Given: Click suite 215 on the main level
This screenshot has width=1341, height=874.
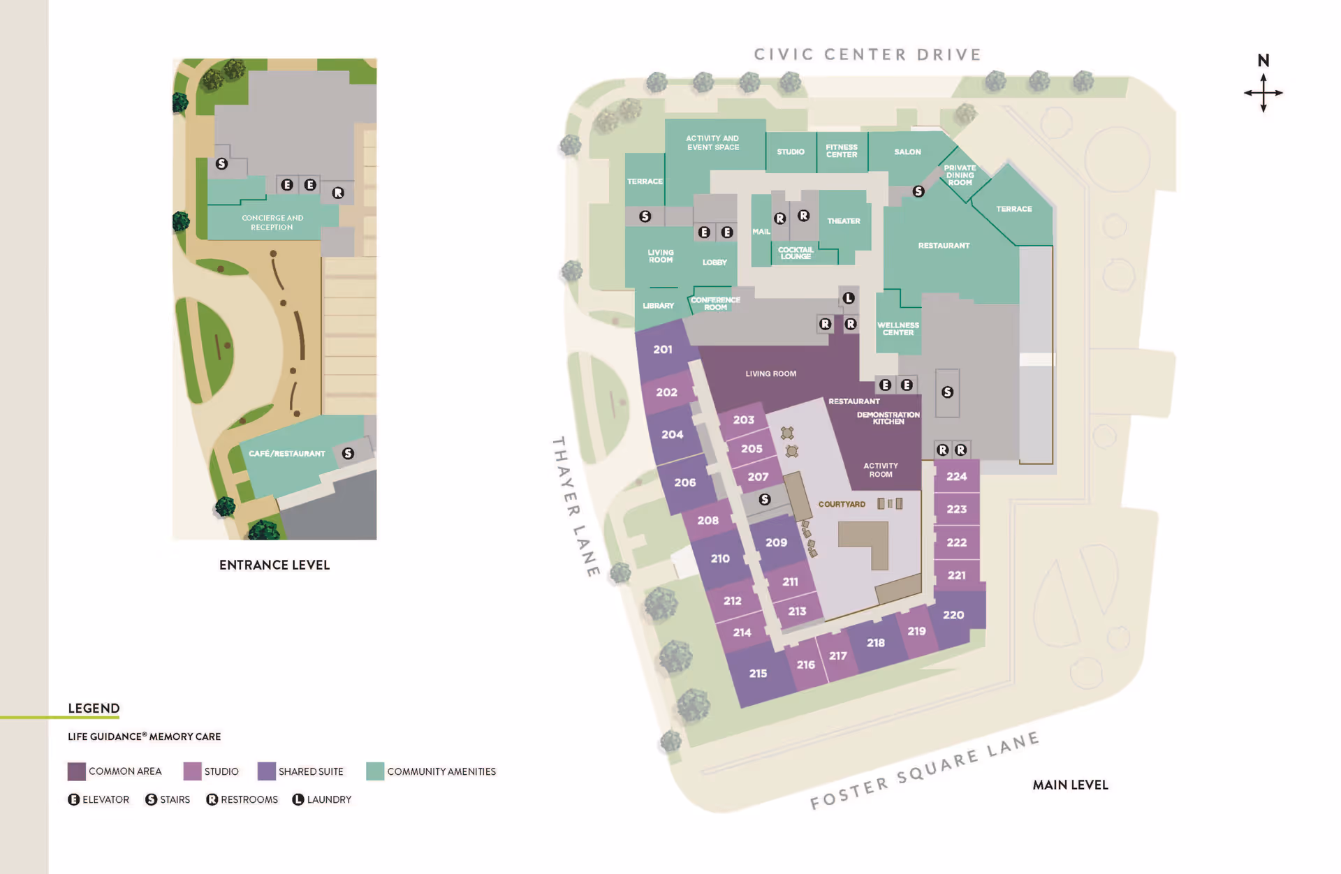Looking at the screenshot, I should click(758, 673).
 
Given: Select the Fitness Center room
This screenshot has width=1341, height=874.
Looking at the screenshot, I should click(842, 151).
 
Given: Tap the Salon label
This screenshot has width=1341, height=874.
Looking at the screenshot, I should click(907, 151).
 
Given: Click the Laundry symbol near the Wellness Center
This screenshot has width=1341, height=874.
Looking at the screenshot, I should click(849, 298).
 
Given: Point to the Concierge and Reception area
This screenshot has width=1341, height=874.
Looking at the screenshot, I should click(272, 223).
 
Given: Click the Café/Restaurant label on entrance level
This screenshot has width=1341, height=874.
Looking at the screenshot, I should click(286, 454).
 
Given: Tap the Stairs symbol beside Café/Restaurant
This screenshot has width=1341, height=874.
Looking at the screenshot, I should click(348, 454).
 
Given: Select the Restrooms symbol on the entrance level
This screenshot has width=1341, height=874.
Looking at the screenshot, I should click(338, 193).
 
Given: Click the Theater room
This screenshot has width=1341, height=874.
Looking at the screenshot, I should click(844, 221).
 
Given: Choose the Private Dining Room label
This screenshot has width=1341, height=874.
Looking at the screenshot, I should click(960, 175).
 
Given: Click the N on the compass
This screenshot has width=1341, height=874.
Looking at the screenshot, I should click(1263, 61).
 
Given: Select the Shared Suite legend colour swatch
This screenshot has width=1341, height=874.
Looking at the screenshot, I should click(267, 771).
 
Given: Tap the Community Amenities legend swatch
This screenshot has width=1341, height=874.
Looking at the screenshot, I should click(375, 771).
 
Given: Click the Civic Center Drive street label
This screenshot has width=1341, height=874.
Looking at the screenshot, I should click(867, 54).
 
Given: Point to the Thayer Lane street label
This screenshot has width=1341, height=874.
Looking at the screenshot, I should click(576, 506).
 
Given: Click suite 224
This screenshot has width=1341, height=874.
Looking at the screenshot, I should click(956, 476).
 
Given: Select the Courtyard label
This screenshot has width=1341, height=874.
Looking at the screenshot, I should click(842, 504).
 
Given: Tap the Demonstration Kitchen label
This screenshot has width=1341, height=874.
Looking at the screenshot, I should click(888, 418).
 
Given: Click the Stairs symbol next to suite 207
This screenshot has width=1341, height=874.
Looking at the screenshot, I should click(765, 499).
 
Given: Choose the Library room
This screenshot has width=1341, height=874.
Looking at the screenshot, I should click(658, 306).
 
